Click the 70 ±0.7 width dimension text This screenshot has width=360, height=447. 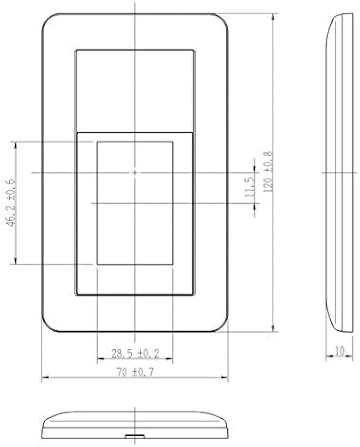pyautogui.click(x=135, y=371)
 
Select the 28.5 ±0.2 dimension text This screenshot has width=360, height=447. pyautogui.click(x=135, y=354)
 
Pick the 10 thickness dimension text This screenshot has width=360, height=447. pyautogui.click(x=339, y=351)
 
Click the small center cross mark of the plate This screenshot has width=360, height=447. pyautogui.click(x=135, y=172)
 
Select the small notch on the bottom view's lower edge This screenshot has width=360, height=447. pyautogui.click(x=135, y=435)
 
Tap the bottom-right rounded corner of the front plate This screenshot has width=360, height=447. pyautogui.click(x=221, y=326)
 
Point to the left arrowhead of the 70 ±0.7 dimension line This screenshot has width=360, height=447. pyautogui.click(x=44, y=378)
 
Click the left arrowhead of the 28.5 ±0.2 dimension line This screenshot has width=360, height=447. pyautogui.click(x=99, y=359)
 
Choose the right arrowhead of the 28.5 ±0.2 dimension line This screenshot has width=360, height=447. pyautogui.click(x=171, y=359)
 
